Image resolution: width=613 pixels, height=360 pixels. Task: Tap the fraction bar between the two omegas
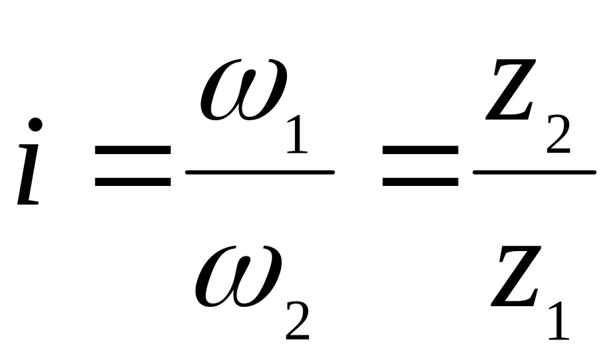(x=259, y=173)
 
